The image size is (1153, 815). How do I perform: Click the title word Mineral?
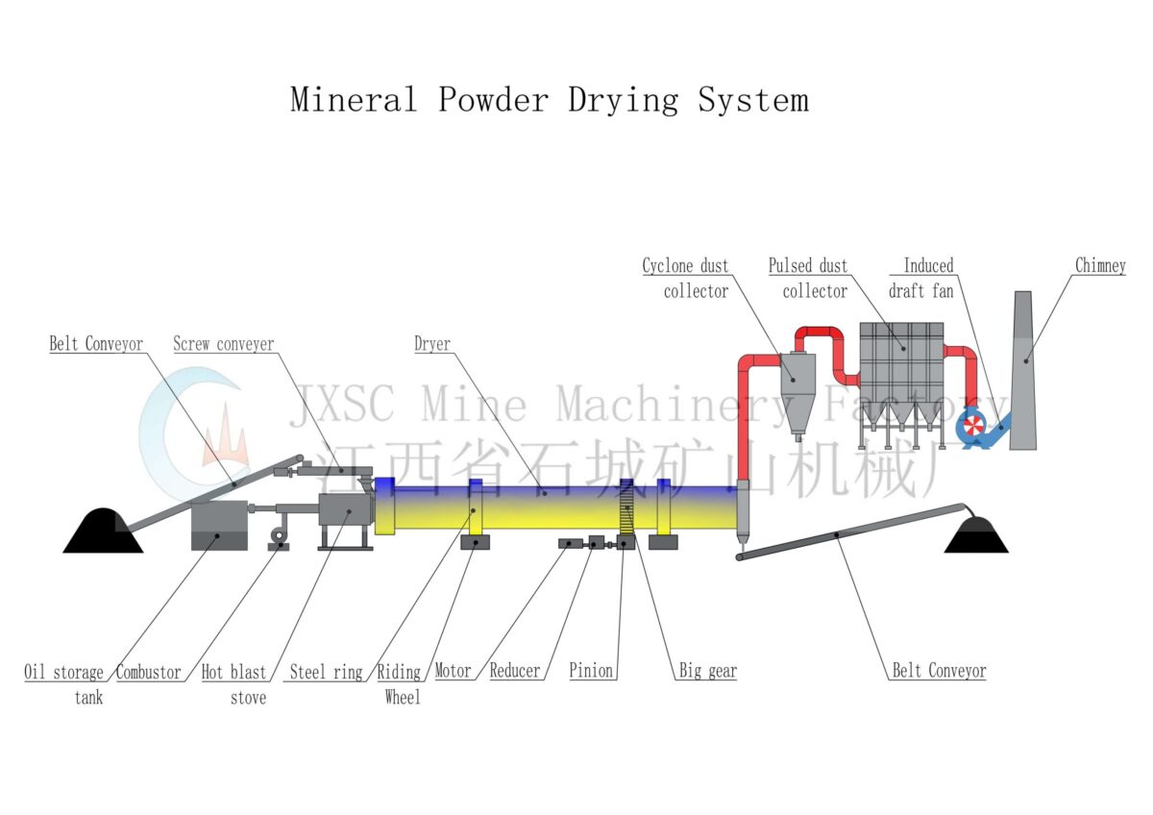pos(354,100)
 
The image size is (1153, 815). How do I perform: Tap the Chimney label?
pos(1100,266)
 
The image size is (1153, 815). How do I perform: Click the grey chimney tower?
pos(1024,375)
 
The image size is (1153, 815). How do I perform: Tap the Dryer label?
pos(432,343)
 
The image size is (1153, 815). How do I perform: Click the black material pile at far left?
pos(103,532)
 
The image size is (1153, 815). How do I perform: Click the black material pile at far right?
pos(977,534)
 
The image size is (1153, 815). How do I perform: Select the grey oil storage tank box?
pos(218,525)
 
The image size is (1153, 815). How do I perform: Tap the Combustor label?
pos(148,673)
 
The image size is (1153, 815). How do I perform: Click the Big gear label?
pos(708,671)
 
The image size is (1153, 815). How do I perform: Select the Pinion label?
pos(591,671)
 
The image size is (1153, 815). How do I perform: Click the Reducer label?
pos(515,671)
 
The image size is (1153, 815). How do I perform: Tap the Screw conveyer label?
pos(223,343)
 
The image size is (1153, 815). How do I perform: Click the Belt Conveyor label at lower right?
pos(939,671)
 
